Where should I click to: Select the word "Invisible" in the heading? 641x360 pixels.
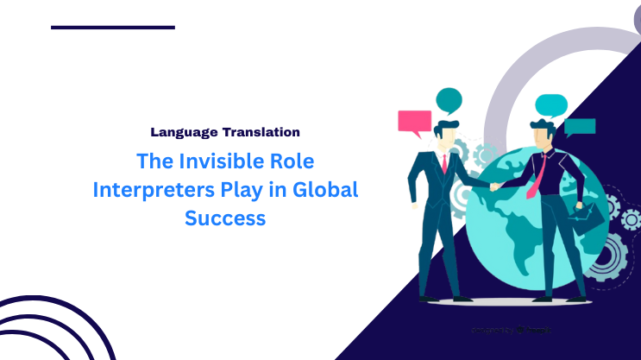point(211,161)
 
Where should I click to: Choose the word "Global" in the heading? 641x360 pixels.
point(326,190)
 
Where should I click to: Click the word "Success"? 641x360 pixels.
point(225,218)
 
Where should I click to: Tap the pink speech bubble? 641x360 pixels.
point(414,121)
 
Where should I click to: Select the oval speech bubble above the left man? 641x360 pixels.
point(449,99)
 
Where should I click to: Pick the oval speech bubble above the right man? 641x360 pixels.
point(550,104)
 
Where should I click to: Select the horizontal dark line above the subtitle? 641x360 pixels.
point(113,28)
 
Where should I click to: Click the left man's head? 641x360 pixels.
point(445,134)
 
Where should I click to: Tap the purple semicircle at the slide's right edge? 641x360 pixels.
point(635,15)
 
